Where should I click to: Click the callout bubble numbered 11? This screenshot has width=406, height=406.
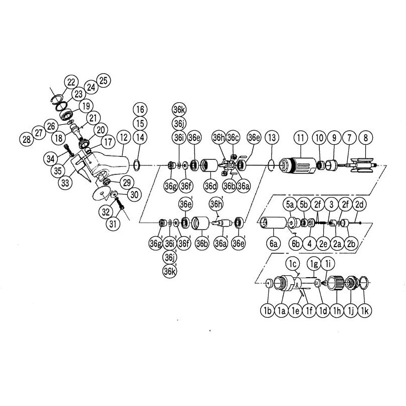point(300,138)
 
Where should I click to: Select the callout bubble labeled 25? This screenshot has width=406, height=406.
point(103,80)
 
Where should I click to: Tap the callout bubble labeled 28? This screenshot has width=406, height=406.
point(27,139)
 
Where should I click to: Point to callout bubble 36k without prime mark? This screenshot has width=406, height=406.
point(179,110)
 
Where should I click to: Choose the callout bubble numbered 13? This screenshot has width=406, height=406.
point(272,137)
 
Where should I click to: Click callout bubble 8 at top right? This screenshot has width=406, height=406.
point(365,138)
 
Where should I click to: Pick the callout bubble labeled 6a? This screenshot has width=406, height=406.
point(274,243)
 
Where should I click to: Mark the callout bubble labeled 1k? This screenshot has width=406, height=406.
point(364,310)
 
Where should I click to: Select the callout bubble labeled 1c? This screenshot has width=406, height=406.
point(293,264)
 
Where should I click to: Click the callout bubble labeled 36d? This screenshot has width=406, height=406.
point(211,186)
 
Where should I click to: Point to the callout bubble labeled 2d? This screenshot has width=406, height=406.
point(359,205)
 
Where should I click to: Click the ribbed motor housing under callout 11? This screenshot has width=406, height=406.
point(298,165)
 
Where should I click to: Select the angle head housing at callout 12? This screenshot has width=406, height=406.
point(109,165)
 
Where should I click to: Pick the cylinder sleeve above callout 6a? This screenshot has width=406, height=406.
point(274,223)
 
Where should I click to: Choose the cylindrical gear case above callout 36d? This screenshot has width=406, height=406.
point(210,165)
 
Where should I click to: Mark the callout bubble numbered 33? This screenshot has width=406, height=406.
point(65,183)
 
